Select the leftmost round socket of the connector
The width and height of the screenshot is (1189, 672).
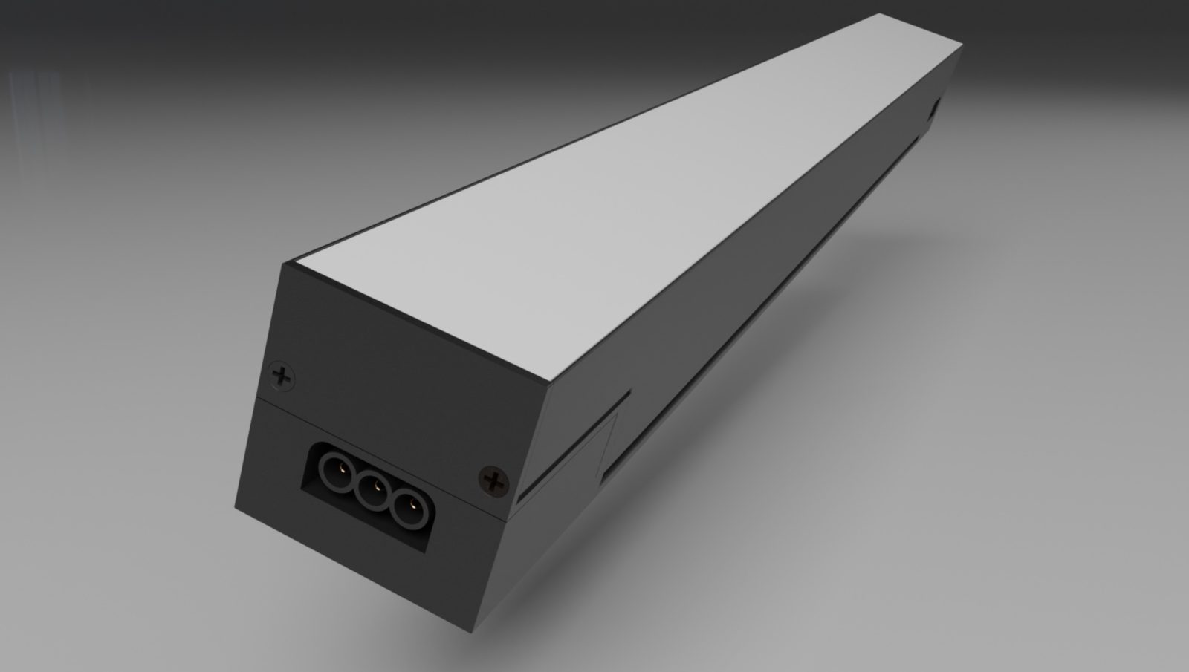[333, 469]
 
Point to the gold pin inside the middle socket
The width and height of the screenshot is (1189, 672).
[376, 488]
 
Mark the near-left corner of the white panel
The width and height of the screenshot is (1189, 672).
[295, 265]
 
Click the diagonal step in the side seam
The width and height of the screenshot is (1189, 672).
[609, 438]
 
